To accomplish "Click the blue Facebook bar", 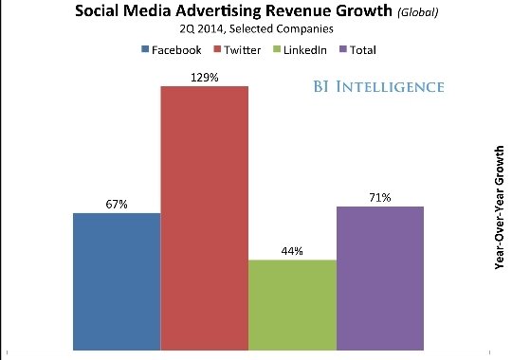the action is (x=117, y=281).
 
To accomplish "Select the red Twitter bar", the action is (x=205, y=218).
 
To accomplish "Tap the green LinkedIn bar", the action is (x=292, y=305).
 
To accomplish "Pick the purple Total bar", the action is (x=380, y=279).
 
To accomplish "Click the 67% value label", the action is (x=117, y=205).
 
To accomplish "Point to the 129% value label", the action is (x=205, y=78).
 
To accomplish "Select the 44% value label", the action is (x=292, y=251).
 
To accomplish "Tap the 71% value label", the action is (x=380, y=197).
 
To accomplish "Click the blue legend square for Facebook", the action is (x=145, y=49).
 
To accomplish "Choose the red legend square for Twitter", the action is (x=217, y=49).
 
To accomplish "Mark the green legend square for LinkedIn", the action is (x=277, y=49).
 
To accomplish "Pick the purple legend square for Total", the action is (x=343, y=49).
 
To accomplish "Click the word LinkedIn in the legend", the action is (x=305, y=50).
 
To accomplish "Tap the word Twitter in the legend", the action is (x=243, y=50).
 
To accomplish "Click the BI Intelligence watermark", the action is (x=378, y=87).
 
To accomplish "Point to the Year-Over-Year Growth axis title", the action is (x=500, y=207).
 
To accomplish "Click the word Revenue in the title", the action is (x=298, y=10).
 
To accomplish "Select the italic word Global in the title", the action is (x=417, y=12).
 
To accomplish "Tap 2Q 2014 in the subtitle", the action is (x=202, y=29).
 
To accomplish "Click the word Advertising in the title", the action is (x=218, y=11).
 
